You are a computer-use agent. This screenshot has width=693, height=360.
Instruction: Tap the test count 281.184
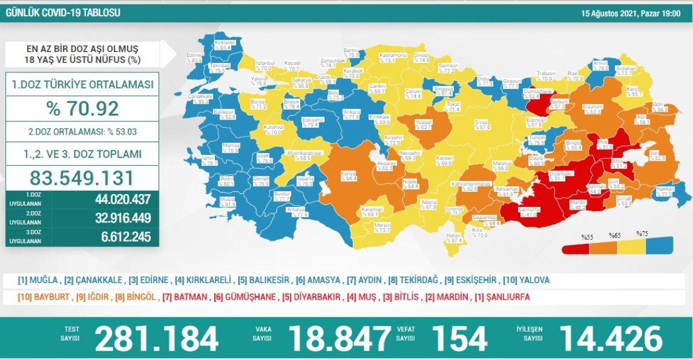click(156, 338)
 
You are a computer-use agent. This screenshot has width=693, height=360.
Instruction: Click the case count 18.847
click(340, 338)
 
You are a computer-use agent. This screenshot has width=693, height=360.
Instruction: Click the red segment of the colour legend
click(577, 248)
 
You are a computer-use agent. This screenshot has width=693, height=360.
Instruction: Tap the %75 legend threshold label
click(642, 233)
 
